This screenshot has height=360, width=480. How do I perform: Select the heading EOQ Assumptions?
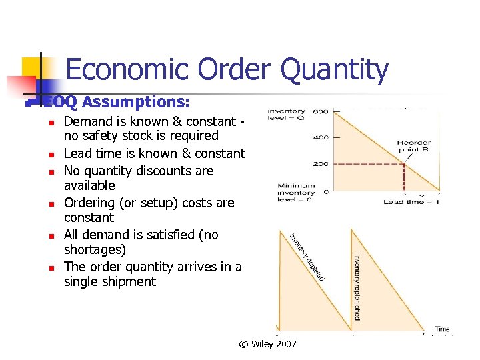(117, 103)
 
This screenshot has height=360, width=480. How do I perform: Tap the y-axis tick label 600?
(321, 111)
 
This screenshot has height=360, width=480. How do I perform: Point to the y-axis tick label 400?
(321, 138)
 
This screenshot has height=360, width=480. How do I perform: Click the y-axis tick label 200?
(321, 164)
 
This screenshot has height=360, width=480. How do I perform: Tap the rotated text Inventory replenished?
(358, 287)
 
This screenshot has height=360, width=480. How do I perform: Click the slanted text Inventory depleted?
(307, 256)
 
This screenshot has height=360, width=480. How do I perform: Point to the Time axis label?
(442, 329)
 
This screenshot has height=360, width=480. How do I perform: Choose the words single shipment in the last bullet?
(110, 281)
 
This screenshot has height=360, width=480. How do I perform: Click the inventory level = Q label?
(287, 115)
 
